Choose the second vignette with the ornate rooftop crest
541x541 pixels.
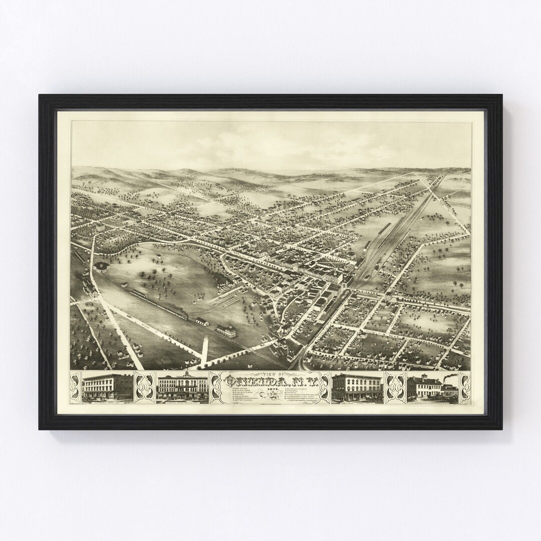(182, 388)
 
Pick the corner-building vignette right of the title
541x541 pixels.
(357, 387)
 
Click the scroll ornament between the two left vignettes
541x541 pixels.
(145, 388)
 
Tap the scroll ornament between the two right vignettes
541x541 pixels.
(396, 388)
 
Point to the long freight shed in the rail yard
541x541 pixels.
(384, 230)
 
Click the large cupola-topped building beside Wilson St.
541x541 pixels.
(227, 331)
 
